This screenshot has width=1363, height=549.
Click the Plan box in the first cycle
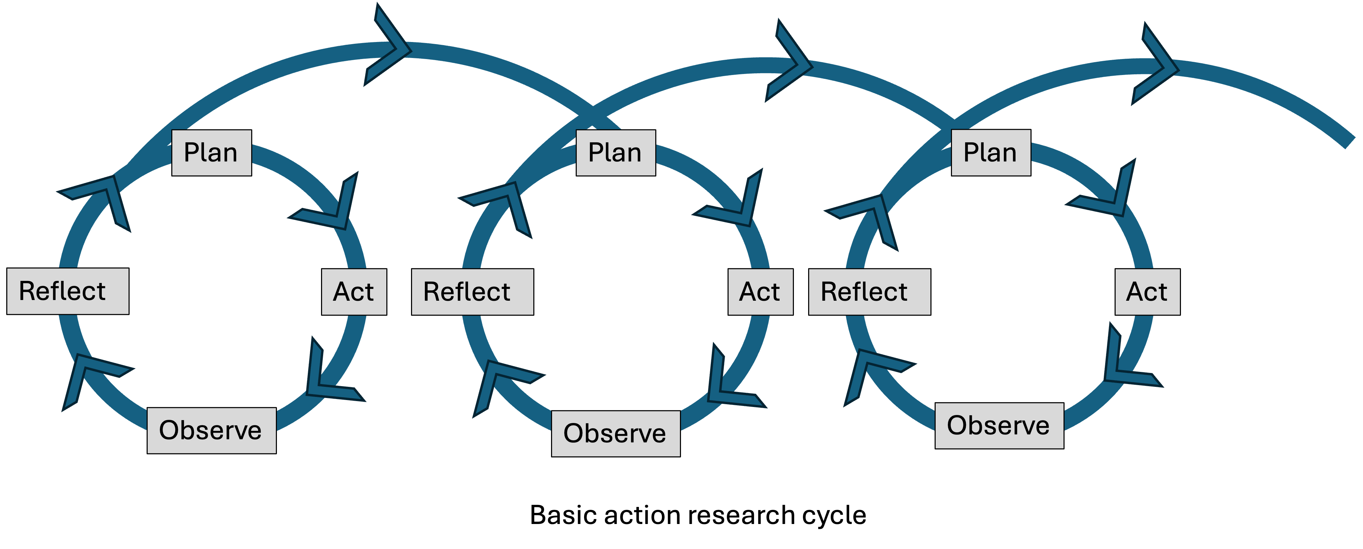[211, 152]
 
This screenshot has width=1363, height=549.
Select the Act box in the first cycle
[353, 291]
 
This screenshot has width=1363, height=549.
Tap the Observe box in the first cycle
[211, 430]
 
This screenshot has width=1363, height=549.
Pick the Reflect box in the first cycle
[67, 291]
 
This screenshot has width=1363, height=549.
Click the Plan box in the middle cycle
[615, 152]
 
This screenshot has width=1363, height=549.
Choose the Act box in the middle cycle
[760, 291]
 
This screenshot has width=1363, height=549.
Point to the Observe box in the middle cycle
[615, 433]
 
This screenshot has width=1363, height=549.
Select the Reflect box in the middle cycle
[472, 291]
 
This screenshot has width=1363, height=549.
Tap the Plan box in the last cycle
[991, 152]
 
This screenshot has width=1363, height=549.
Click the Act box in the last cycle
[1147, 291]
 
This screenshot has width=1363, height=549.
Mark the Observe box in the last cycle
[999, 425]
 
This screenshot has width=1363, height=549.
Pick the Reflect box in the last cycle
[869, 291]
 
